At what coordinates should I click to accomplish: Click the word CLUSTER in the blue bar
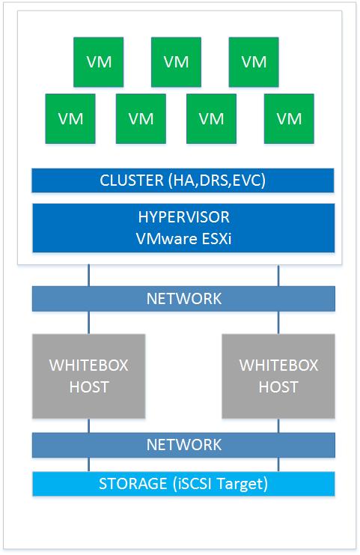click(132, 181)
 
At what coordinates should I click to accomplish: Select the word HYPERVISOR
click(184, 217)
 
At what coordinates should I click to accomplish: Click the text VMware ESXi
click(184, 239)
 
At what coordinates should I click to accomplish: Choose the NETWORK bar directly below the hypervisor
click(183, 299)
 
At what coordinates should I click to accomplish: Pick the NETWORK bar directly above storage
click(183, 445)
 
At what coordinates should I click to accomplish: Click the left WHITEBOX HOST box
click(89, 376)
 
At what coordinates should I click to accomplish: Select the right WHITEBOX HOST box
click(278, 376)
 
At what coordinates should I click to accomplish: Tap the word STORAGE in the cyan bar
click(133, 484)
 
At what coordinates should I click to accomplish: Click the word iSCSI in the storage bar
click(195, 484)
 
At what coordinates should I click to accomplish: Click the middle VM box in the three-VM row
click(176, 62)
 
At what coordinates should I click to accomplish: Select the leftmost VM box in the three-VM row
click(98, 62)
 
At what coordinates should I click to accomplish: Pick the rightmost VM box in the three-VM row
click(254, 62)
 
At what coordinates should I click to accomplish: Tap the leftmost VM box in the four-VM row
click(70, 118)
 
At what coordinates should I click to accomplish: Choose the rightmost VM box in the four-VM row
click(289, 118)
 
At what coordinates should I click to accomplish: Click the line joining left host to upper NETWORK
click(89, 323)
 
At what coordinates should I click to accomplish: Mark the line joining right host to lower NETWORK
click(278, 425)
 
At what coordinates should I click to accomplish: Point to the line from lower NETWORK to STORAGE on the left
click(89, 464)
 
